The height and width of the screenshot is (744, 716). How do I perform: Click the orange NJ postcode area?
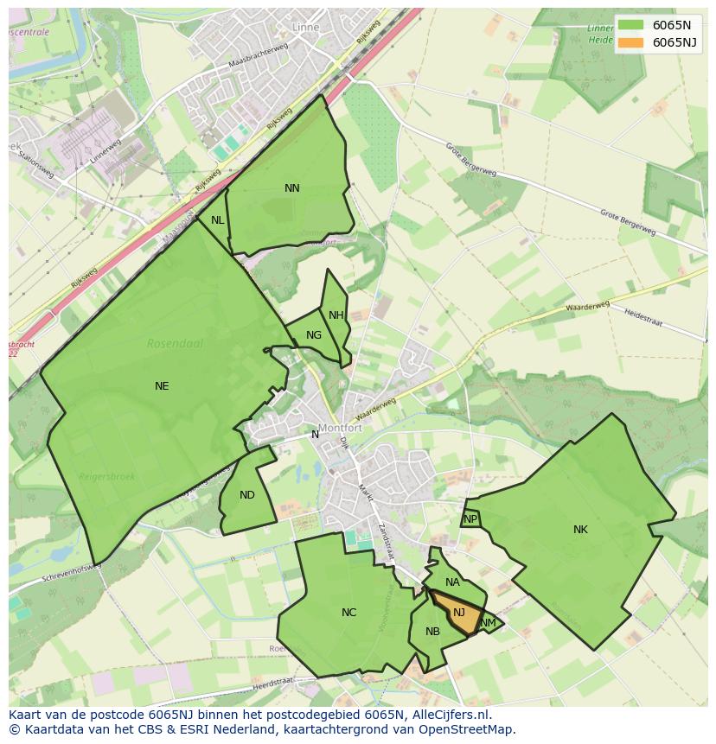(x=456, y=614)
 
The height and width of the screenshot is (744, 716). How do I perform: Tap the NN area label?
(x=292, y=188)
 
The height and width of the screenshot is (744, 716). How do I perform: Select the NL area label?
(x=218, y=220)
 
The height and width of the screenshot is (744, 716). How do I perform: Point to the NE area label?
(x=162, y=386)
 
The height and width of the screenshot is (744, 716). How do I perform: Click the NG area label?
(x=314, y=335)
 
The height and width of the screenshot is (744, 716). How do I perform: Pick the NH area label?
(x=336, y=315)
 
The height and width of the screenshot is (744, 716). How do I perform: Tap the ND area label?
(x=247, y=495)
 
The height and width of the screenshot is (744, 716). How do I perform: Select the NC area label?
(x=348, y=613)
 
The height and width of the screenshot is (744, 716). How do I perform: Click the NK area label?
(x=580, y=530)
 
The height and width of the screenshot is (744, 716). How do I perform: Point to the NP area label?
(x=470, y=519)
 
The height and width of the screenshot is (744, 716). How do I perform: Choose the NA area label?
(x=452, y=582)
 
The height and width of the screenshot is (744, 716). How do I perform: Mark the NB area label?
(x=432, y=632)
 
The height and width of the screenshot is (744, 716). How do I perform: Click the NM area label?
(x=489, y=623)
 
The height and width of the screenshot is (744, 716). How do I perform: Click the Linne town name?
(x=306, y=28)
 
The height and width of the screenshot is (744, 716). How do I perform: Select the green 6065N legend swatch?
(x=631, y=25)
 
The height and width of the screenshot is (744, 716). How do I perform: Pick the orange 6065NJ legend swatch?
(x=631, y=42)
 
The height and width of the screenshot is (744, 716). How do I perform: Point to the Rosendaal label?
(x=175, y=343)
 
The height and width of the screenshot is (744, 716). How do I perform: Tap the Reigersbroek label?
(x=107, y=477)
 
